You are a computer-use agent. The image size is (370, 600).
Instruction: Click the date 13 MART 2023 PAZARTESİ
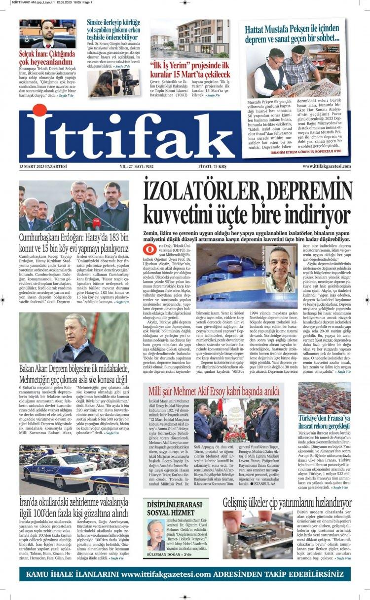tap(43, 167)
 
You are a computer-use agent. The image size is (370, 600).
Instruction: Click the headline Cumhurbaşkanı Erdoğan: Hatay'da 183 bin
tap(74, 243)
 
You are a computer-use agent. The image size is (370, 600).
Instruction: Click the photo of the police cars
tap(74, 469)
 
